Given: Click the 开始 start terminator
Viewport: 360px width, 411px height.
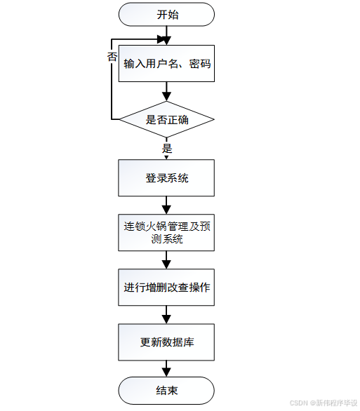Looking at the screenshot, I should point(167,14).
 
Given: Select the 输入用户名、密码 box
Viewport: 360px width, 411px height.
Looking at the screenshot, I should point(167,64).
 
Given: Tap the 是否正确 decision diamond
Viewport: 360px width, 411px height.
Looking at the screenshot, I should point(167,120).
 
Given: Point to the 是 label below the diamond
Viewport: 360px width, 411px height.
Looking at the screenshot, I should point(167,149).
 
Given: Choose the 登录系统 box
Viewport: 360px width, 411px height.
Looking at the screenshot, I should point(167,178).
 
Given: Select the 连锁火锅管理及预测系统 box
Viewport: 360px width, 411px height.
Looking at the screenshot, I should point(167,232).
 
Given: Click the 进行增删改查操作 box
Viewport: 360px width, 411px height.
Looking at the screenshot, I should point(167,288).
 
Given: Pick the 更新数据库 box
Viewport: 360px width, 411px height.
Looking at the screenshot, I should point(167,342).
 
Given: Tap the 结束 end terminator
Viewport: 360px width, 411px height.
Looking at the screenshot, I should point(167,391).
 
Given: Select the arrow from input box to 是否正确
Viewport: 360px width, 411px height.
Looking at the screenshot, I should point(167,91).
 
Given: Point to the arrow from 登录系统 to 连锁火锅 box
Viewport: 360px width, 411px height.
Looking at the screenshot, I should point(167,205).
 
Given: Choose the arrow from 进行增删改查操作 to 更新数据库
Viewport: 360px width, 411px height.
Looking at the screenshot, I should point(167,315).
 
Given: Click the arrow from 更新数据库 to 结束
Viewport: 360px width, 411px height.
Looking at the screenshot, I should point(167,368).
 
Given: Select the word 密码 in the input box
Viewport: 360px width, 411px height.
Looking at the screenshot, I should point(200,64).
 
